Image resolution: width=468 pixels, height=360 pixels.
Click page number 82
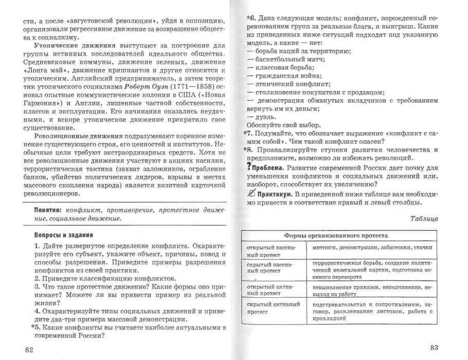29,349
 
